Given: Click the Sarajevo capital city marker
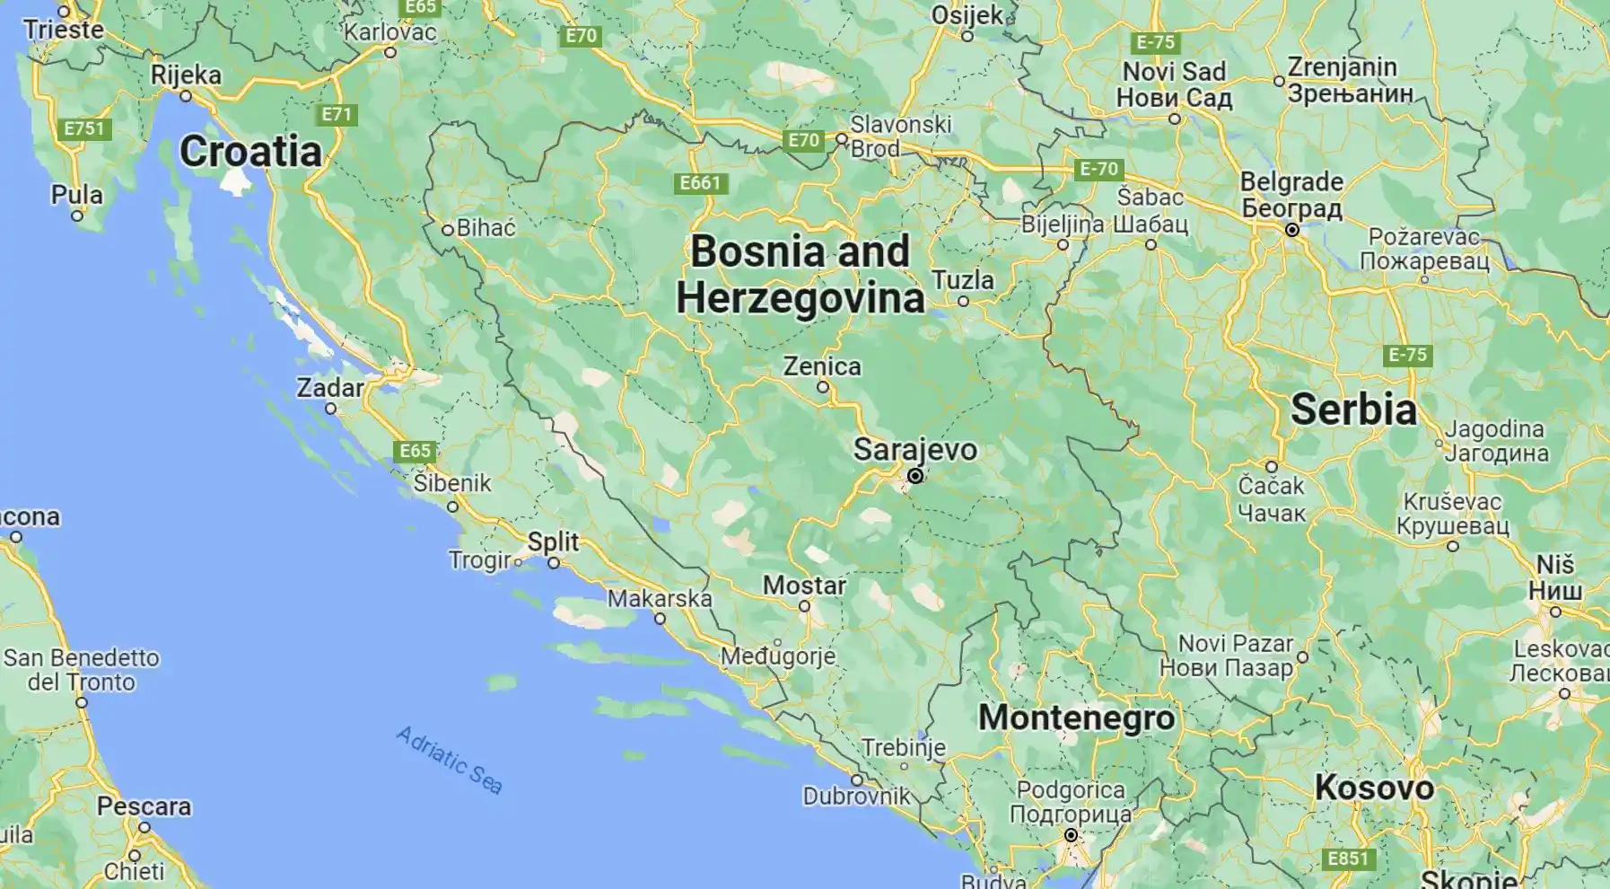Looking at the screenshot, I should click(x=915, y=476).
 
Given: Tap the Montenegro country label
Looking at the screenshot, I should click(x=1076, y=717).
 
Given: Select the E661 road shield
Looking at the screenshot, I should click(x=700, y=183).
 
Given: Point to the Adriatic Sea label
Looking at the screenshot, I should click(x=450, y=760).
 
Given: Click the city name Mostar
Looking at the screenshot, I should click(x=804, y=585).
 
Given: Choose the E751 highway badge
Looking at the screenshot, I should click(x=84, y=128).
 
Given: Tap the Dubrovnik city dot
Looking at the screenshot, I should click(x=857, y=779).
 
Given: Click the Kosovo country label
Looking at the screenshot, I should click(x=1374, y=788).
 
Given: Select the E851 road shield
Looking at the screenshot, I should click(x=1348, y=858).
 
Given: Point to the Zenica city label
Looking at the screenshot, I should click(x=822, y=366).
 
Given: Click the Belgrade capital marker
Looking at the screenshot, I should click(x=1292, y=230).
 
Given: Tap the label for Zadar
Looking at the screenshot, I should click(x=330, y=388).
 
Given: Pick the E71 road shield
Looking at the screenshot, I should click(x=337, y=114).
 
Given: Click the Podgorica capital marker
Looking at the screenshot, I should click(x=1071, y=835).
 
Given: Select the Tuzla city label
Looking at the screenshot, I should click(x=963, y=280).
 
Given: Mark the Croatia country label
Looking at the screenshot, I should click(x=250, y=152).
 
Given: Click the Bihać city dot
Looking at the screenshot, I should click(x=447, y=230).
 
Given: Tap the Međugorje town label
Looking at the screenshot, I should click(x=778, y=656).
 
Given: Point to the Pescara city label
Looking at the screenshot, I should click(x=144, y=806).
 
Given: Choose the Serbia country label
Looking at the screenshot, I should click(x=1353, y=409).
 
